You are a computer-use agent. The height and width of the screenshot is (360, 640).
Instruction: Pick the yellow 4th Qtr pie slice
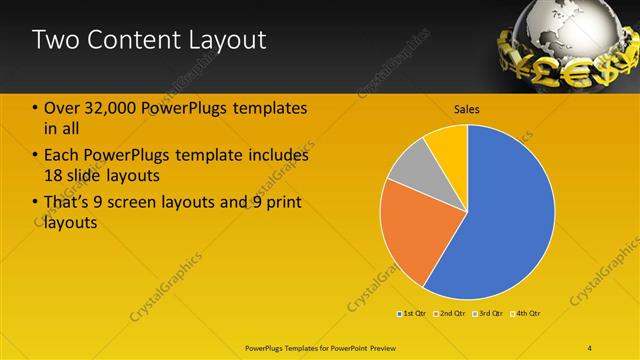448,145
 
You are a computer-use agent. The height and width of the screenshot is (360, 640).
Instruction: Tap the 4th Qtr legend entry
524,314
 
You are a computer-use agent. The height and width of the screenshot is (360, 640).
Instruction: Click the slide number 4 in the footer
590,346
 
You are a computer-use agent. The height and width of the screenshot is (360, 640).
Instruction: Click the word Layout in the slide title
230,40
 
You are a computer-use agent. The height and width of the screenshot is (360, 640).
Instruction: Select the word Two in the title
52,40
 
